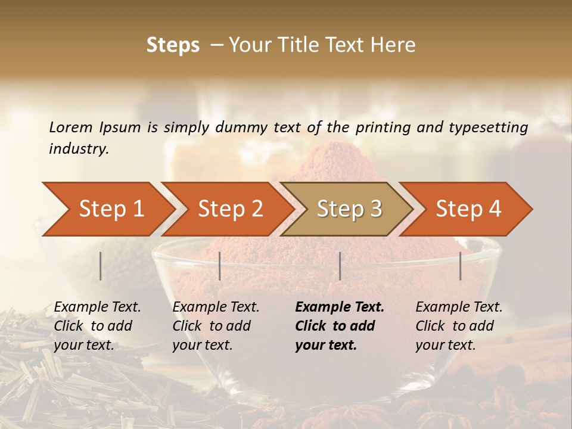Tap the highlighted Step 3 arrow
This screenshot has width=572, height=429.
point(349,209)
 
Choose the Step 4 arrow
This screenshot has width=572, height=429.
point(468,209)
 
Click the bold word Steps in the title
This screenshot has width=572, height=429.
point(173,45)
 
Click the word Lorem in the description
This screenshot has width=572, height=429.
point(71,127)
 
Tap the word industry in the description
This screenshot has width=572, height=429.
point(78,148)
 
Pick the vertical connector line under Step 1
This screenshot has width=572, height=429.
point(101,266)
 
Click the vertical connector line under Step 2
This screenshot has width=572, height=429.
point(220,266)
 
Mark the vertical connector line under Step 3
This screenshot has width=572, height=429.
point(340,266)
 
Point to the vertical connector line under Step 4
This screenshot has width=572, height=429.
point(461,266)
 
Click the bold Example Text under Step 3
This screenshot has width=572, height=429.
point(340,307)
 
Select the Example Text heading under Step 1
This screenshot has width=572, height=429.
point(97,307)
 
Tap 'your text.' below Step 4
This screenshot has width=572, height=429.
point(446,345)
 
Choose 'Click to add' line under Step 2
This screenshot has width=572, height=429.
point(212,326)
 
